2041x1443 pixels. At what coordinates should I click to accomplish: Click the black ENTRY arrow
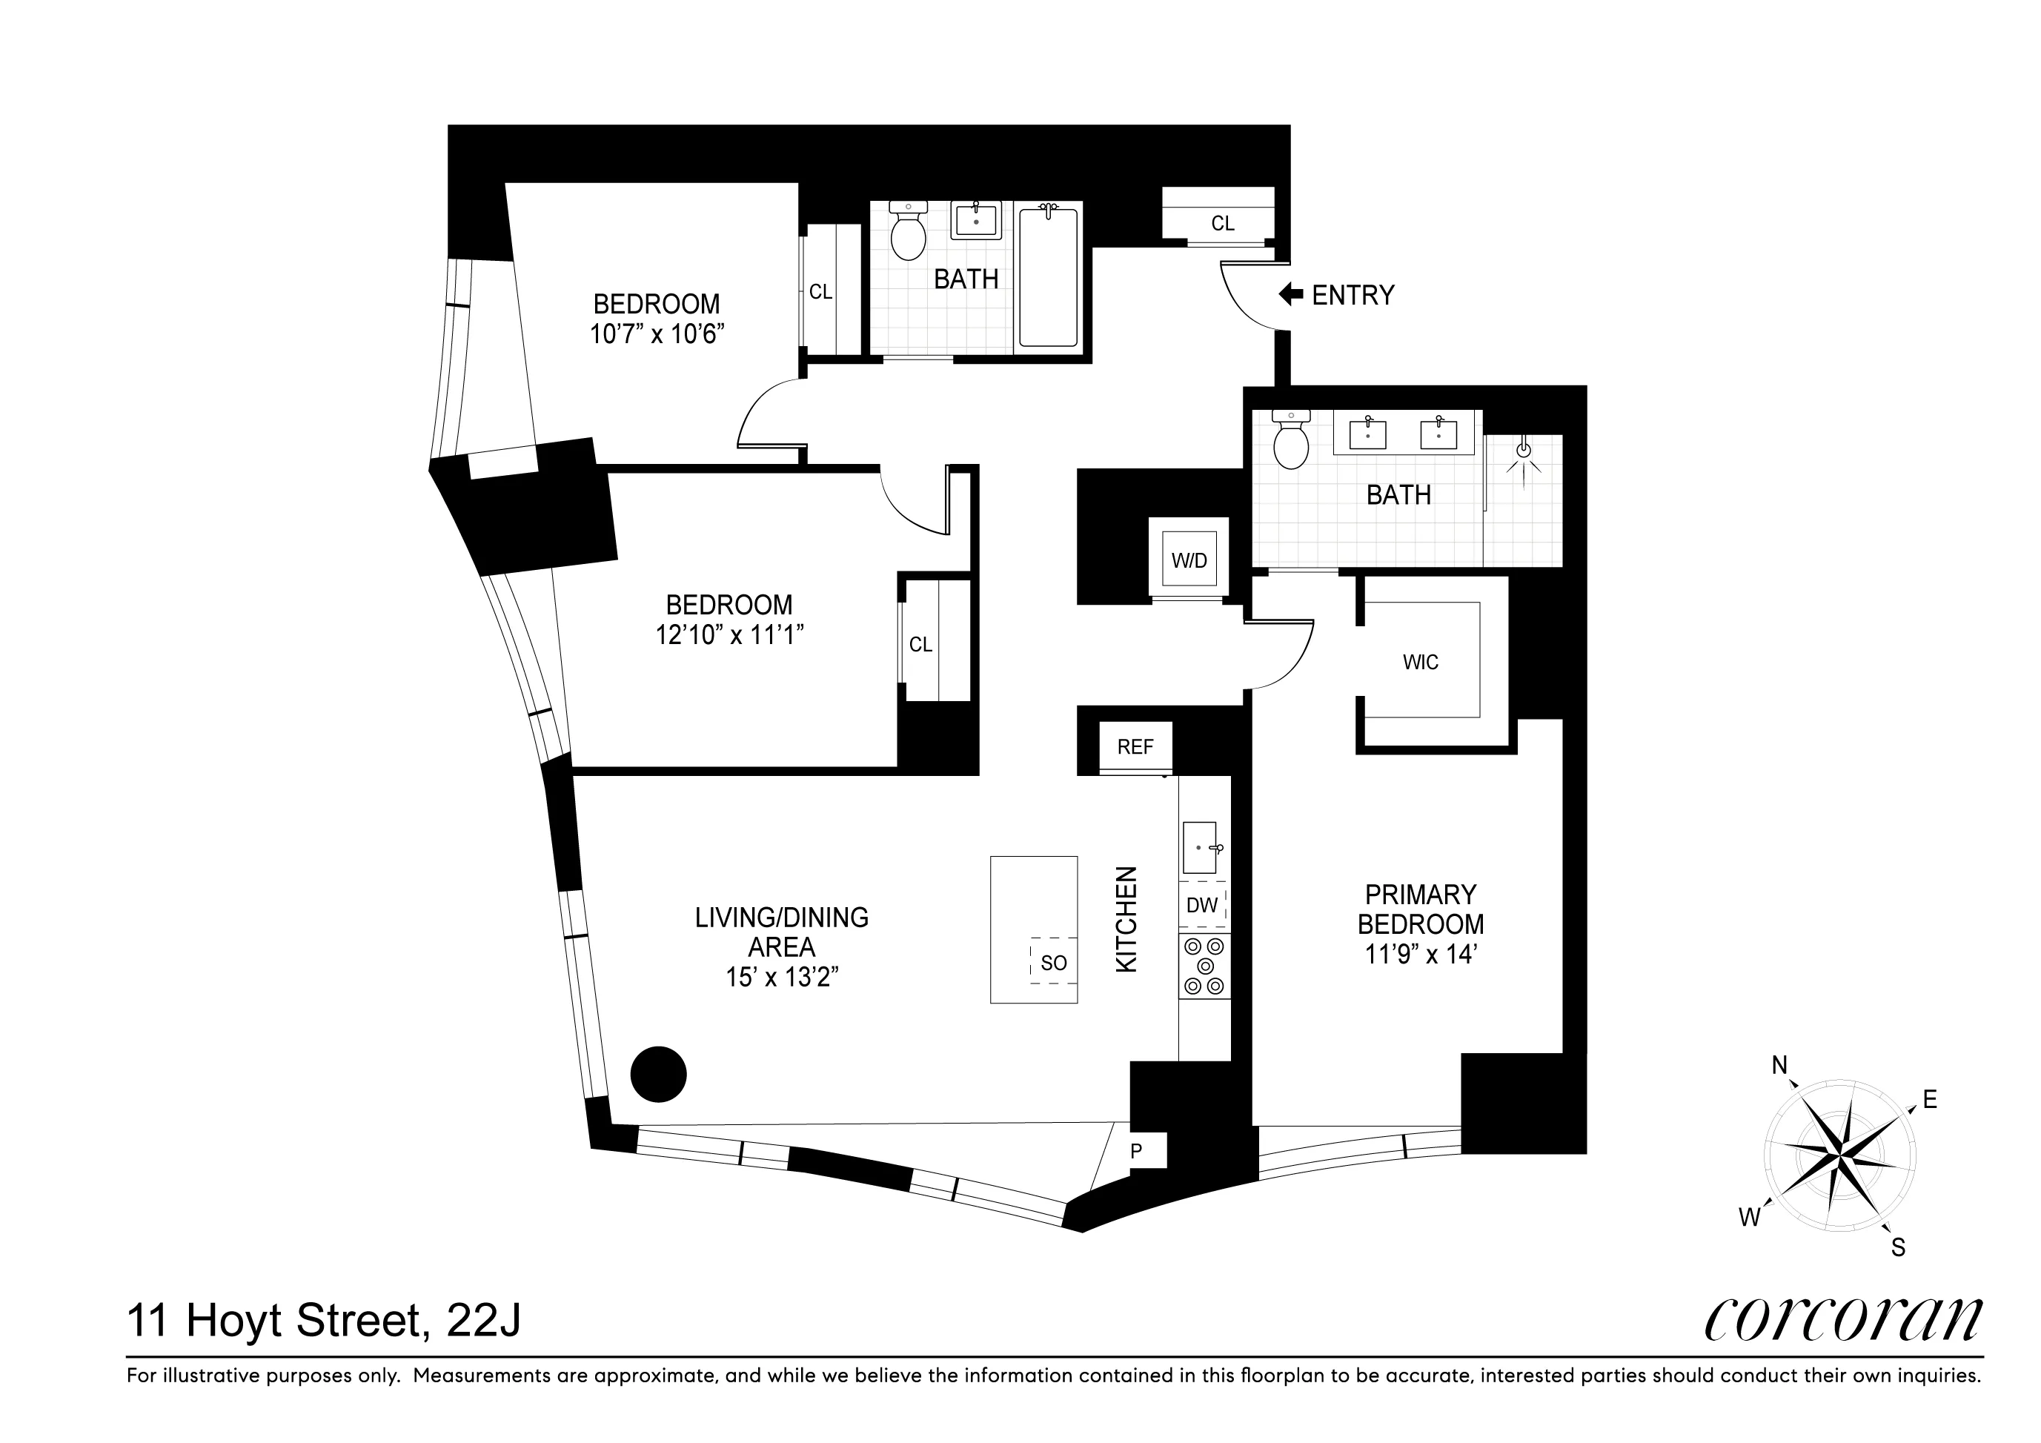(1291, 294)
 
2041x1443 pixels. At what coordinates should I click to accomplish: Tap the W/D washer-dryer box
(1189, 560)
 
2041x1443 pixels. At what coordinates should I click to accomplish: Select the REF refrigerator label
(1135, 747)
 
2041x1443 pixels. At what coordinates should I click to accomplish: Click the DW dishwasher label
(1202, 905)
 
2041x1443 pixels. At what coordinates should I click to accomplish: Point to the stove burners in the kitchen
(1204, 966)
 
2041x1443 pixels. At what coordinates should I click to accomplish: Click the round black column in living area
(659, 1074)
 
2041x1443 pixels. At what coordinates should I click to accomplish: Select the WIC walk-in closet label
(1420, 663)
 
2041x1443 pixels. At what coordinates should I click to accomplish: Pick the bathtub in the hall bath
(1048, 276)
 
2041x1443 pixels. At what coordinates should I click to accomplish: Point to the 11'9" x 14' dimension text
(1420, 955)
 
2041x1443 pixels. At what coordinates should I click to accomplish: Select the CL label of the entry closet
(1222, 223)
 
